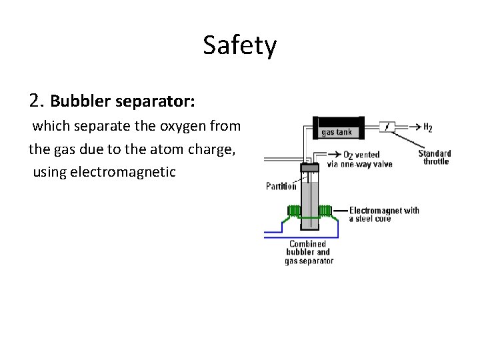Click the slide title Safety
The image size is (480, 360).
tap(239, 46)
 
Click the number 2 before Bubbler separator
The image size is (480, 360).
tap(36, 101)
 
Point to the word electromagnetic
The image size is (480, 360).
tap(123, 172)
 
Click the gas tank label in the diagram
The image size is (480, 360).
tap(336, 132)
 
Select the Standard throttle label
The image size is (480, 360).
tap(435, 157)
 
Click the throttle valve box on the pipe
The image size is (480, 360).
tap(387, 125)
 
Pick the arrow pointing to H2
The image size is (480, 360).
tap(411, 126)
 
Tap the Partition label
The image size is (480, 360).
tap(281, 186)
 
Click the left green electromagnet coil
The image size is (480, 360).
tap(293, 211)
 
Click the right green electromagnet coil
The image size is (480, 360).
tap(325, 211)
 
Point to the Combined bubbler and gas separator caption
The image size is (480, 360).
tap(308, 253)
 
